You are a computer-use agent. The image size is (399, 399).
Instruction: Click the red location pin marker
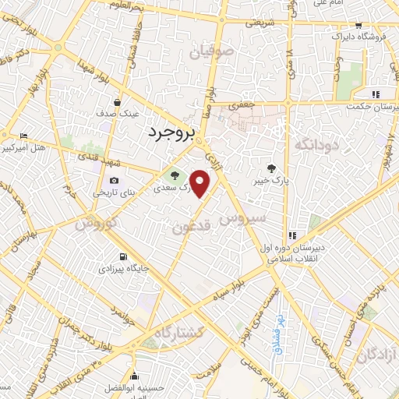coord(201,185)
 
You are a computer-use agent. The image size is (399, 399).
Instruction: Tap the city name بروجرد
coord(169,133)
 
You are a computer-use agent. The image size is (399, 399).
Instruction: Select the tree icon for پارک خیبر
coord(271,168)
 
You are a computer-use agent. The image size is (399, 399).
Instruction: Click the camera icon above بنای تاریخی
coord(115,180)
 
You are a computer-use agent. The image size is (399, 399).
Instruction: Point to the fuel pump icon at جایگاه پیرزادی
coord(122,256)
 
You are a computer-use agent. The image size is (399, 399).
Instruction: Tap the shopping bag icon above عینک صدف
coord(117,101)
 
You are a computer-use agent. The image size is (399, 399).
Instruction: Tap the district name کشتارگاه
coord(178,333)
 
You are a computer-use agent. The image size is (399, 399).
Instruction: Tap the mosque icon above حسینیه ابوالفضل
coord(134,374)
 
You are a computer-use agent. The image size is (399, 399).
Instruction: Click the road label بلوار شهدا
coord(44,92)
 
